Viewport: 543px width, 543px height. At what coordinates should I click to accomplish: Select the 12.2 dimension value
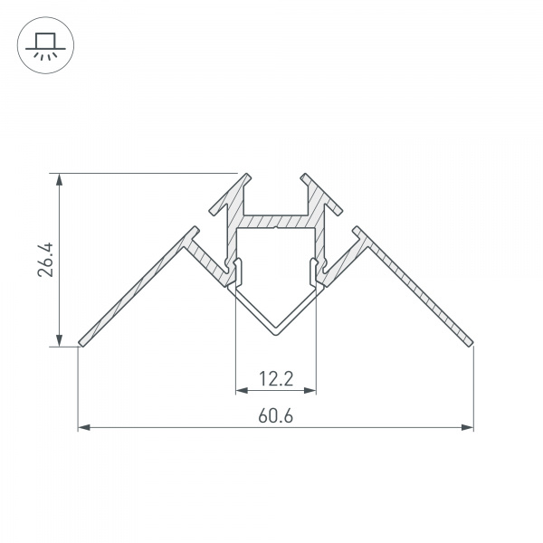(x=276, y=379)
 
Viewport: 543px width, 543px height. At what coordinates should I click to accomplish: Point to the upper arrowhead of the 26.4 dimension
(x=60, y=179)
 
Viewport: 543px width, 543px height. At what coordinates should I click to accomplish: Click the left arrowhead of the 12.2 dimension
(x=241, y=391)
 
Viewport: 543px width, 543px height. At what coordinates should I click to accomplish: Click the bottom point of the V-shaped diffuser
(x=276, y=332)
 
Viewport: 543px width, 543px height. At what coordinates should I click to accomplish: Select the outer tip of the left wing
(x=81, y=343)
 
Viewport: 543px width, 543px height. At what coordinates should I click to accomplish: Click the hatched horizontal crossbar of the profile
(x=276, y=221)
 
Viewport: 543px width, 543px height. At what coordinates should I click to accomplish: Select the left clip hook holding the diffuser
(x=237, y=269)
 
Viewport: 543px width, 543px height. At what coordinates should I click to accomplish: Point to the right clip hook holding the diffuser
(x=315, y=269)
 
